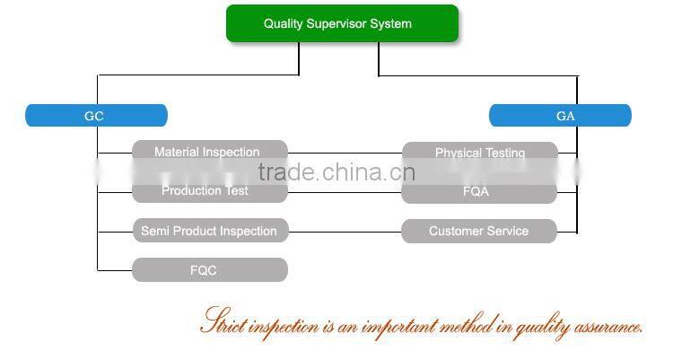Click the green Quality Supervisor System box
342,23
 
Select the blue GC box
96,116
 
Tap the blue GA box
560,116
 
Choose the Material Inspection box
209,152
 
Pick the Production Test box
209,191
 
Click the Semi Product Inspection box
210,231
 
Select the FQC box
209,270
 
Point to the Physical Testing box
479,153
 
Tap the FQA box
479,191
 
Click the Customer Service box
479,231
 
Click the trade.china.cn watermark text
336,172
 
